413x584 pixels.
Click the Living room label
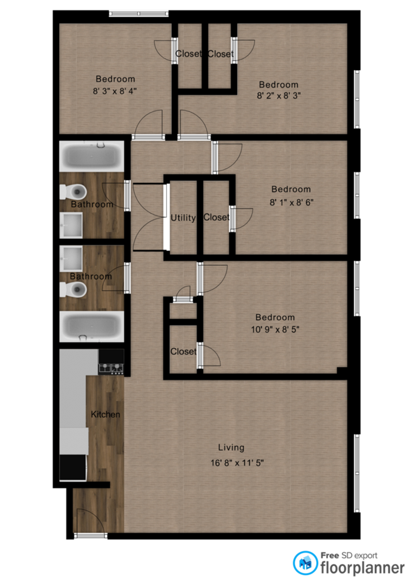coord(231,447)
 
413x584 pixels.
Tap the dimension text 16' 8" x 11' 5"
coord(237,463)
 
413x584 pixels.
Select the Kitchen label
coord(105,414)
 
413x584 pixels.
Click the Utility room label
coord(183,218)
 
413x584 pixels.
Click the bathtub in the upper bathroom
coord(92,156)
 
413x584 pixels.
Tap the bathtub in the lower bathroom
coord(92,326)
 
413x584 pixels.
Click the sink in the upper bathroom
coord(71,225)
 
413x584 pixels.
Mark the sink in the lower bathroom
coord(71,259)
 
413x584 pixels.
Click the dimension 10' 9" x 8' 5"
coord(275,329)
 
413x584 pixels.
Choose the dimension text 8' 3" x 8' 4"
coord(115,91)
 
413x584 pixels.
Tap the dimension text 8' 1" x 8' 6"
coord(291,202)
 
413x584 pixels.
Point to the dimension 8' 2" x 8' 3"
coord(279,96)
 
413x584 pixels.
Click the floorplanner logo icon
coord(305,563)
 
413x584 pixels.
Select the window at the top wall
coord(139,13)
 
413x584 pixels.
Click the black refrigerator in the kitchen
coord(73,468)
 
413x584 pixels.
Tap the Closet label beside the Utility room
coord(216,217)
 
